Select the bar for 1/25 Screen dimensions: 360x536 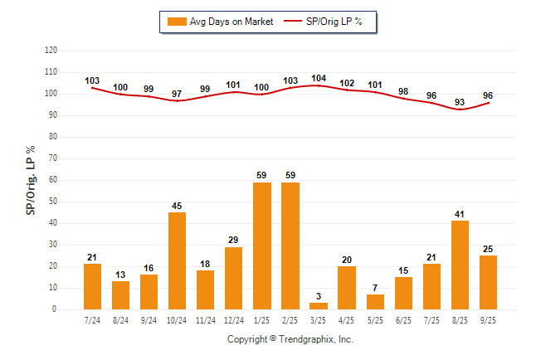(261, 246)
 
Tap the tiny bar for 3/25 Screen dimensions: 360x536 (318, 306)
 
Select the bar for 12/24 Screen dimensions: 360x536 (233, 278)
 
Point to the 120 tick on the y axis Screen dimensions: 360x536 (51, 51)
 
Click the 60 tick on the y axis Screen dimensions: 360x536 (53, 180)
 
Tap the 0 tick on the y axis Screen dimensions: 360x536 (55, 309)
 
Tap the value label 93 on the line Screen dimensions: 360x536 (459, 102)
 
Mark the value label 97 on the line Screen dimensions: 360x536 (177, 94)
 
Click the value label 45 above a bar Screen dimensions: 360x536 (177, 206)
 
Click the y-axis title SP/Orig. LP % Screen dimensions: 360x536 (32, 179)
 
